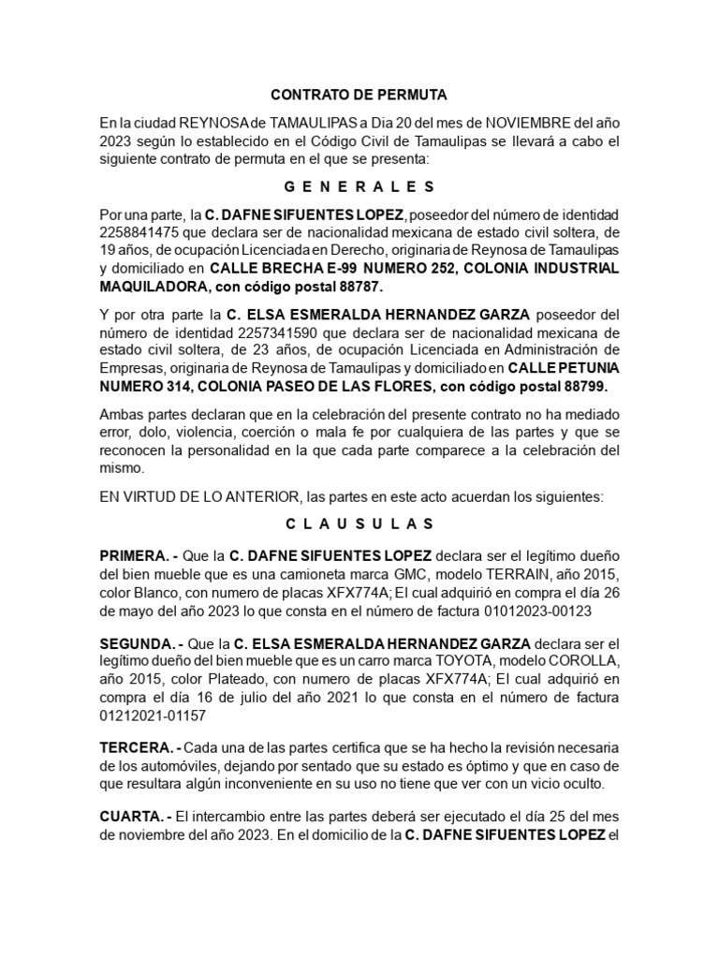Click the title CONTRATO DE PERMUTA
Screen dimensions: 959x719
tap(359, 96)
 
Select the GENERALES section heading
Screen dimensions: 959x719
tap(359, 186)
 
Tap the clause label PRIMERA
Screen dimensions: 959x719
tap(135, 554)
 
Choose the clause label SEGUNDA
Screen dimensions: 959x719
tap(138, 644)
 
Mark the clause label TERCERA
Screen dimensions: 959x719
tap(137, 746)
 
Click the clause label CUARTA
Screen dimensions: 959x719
tap(133, 817)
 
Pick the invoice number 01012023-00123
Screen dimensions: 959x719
tap(538, 610)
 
